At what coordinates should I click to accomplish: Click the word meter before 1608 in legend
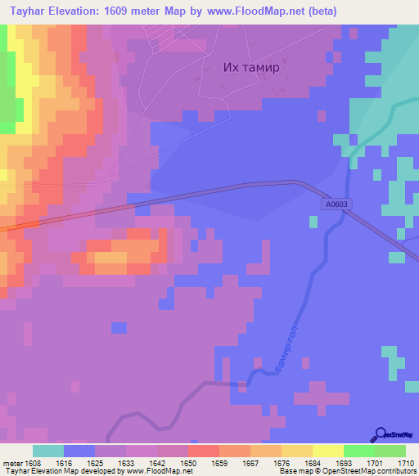pos(12,463)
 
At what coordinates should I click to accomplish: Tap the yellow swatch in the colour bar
pos(328,451)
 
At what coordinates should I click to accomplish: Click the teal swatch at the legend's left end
pos(48,451)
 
